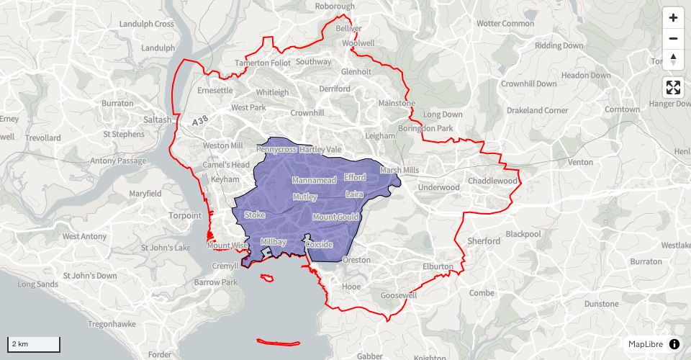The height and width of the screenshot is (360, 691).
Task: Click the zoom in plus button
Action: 673,18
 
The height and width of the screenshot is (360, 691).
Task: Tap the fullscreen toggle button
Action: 673,88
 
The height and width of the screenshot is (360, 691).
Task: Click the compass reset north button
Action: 673,59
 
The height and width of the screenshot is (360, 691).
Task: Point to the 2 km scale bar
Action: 34,343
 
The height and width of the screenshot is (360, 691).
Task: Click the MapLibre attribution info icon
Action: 674,344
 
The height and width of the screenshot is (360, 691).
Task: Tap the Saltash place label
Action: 158,120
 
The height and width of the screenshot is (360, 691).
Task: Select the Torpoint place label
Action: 186,215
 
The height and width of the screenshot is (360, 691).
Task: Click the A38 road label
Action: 204,123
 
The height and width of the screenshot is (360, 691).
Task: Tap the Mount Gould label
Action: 335,217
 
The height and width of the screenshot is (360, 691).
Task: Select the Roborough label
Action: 335,6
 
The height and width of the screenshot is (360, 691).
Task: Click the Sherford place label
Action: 483,240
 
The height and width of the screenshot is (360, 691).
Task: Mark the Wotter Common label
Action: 505,24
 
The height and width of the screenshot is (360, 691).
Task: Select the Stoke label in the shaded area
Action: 255,215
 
